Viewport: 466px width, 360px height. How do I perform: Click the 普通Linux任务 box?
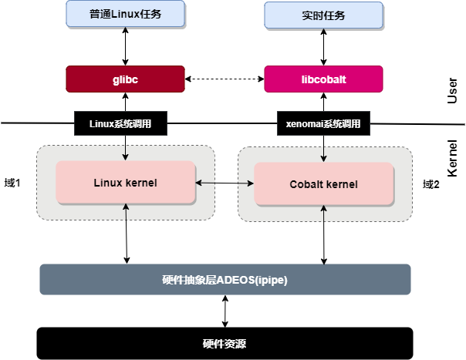click(x=125, y=13)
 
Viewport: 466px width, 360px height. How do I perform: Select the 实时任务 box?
click(x=322, y=15)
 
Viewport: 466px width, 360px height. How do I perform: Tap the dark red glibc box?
click(x=125, y=79)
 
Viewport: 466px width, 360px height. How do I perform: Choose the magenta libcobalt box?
click(x=322, y=79)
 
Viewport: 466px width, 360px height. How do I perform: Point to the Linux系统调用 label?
click(x=120, y=123)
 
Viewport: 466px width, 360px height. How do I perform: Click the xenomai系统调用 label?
click(x=323, y=123)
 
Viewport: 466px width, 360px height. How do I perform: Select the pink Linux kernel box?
click(x=125, y=183)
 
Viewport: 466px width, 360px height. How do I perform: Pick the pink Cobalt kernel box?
click(x=323, y=184)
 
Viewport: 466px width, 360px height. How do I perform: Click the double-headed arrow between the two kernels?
click(x=225, y=183)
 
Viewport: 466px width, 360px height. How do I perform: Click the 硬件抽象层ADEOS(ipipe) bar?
click(x=225, y=279)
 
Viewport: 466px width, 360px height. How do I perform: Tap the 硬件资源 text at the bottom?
click(x=225, y=344)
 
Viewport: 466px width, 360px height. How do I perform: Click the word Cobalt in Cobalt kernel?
click(x=306, y=184)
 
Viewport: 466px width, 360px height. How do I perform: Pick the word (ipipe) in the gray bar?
click(x=270, y=279)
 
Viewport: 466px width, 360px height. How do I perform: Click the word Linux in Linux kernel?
click(x=107, y=183)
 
